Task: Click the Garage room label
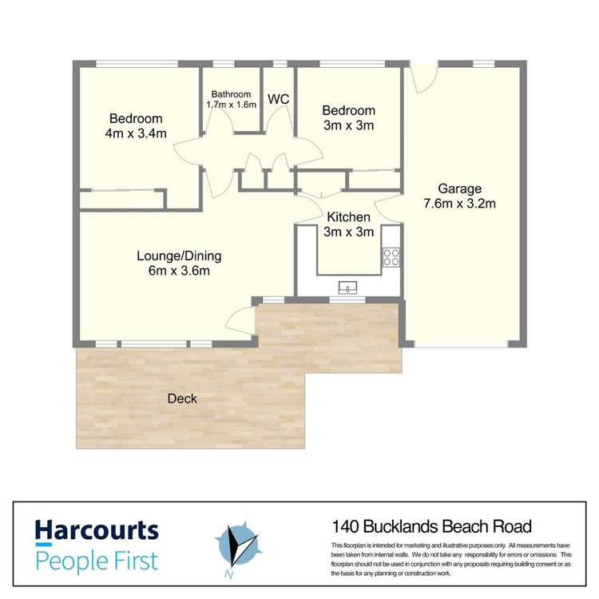[x=459, y=189]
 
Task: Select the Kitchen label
[x=349, y=217]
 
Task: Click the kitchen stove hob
[x=391, y=256]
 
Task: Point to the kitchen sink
[x=349, y=287]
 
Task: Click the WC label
[x=278, y=99]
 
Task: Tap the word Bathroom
[x=231, y=93]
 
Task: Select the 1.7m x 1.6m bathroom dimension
[x=231, y=105]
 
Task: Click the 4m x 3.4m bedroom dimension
[x=136, y=133]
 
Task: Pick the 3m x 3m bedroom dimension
[x=348, y=125]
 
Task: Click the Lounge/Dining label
[x=179, y=256]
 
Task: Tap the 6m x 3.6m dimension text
[x=179, y=272]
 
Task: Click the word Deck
[x=182, y=399]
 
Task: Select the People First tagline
[x=96, y=559]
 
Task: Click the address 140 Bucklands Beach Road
[x=431, y=526]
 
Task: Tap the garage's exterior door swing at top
[x=423, y=78]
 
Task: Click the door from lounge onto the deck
[x=240, y=321]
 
